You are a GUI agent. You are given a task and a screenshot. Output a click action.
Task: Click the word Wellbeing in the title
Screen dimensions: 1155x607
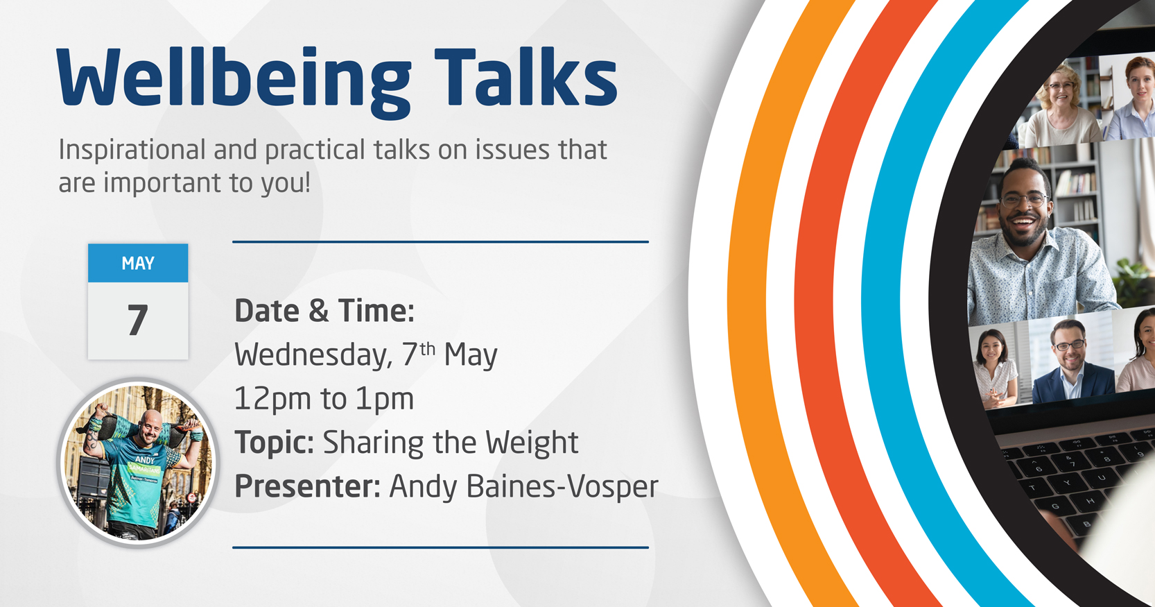pos(234,83)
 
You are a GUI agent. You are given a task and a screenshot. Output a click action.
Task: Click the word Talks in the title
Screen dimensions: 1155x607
pos(526,77)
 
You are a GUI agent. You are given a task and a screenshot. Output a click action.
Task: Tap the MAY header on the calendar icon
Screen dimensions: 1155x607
pos(138,264)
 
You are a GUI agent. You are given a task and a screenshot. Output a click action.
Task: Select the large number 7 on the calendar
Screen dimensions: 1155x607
pos(138,320)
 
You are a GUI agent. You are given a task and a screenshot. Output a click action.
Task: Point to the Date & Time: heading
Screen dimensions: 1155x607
pos(324,311)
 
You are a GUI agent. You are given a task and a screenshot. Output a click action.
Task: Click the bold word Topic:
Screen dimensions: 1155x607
pos(275,443)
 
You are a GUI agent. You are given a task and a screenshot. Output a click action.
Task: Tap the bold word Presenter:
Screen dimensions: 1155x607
pos(308,487)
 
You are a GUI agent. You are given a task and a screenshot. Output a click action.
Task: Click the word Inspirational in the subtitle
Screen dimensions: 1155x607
pos(132,151)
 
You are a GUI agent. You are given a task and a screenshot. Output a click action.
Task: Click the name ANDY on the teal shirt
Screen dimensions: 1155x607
pos(144,459)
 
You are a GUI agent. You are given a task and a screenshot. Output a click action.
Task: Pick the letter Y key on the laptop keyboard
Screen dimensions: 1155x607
pos(1066,484)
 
